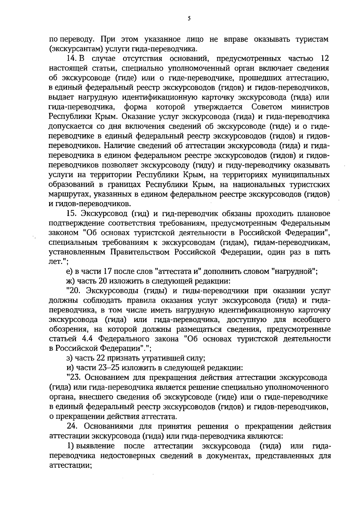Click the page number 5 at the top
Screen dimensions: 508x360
pos(189,19)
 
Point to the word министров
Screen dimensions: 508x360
pos(310,107)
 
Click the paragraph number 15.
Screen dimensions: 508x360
pos(72,214)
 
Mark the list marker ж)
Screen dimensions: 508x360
pos(70,281)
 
